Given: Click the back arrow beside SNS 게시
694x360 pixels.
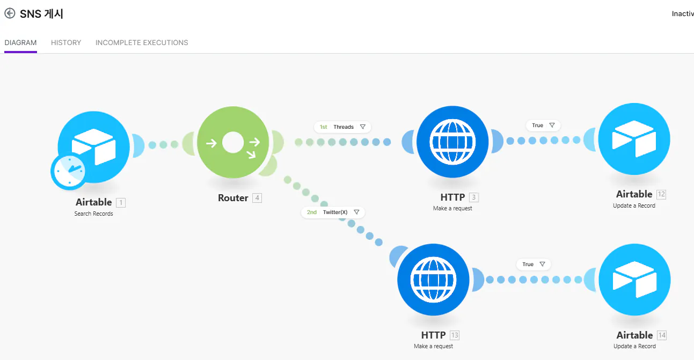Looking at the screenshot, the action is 10,13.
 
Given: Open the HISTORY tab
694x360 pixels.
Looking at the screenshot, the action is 66,42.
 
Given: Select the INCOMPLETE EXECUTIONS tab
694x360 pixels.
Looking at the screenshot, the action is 142,42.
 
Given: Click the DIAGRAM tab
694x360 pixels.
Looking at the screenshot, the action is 20,42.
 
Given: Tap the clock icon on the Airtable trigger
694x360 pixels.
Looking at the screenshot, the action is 69,172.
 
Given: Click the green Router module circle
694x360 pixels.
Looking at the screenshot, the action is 233,142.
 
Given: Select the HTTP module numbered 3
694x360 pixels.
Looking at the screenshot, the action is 452,142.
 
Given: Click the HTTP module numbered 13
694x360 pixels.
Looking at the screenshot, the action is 433,280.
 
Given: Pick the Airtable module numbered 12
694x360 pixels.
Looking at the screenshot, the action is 634,139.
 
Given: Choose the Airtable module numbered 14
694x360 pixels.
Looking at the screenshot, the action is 634,280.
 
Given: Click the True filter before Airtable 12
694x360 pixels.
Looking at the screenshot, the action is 543,125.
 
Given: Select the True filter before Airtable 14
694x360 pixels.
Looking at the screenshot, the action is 533,265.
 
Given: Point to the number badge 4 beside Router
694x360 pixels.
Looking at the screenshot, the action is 257,197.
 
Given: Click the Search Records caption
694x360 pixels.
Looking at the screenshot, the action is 93,214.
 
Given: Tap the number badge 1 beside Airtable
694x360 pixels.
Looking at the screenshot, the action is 121,203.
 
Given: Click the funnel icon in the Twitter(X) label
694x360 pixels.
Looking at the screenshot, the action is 356,212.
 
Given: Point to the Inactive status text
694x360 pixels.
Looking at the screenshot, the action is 683,13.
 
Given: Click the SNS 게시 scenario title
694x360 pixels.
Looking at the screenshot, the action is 41,13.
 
